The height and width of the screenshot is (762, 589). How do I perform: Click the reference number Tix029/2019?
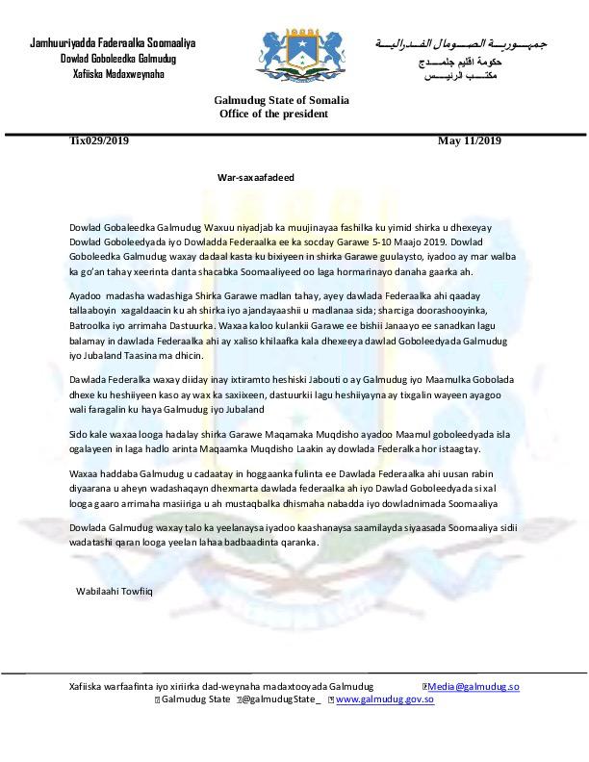pyautogui.click(x=99, y=140)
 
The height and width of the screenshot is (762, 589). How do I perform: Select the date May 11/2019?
pyautogui.click(x=469, y=140)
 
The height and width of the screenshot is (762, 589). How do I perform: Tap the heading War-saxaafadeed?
pyautogui.click(x=255, y=179)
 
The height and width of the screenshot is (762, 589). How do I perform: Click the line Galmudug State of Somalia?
pyautogui.click(x=281, y=101)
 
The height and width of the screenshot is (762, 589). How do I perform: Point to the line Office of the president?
pyautogui.click(x=273, y=114)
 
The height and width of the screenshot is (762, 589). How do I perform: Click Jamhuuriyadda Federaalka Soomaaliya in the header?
pyautogui.click(x=113, y=44)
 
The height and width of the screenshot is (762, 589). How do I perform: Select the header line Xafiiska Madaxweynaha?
pyautogui.click(x=118, y=74)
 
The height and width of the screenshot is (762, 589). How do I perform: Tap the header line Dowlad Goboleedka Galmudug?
pyautogui.click(x=118, y=60)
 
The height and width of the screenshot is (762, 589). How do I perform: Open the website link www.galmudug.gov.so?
pyautogui.click(x=384, y=699)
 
